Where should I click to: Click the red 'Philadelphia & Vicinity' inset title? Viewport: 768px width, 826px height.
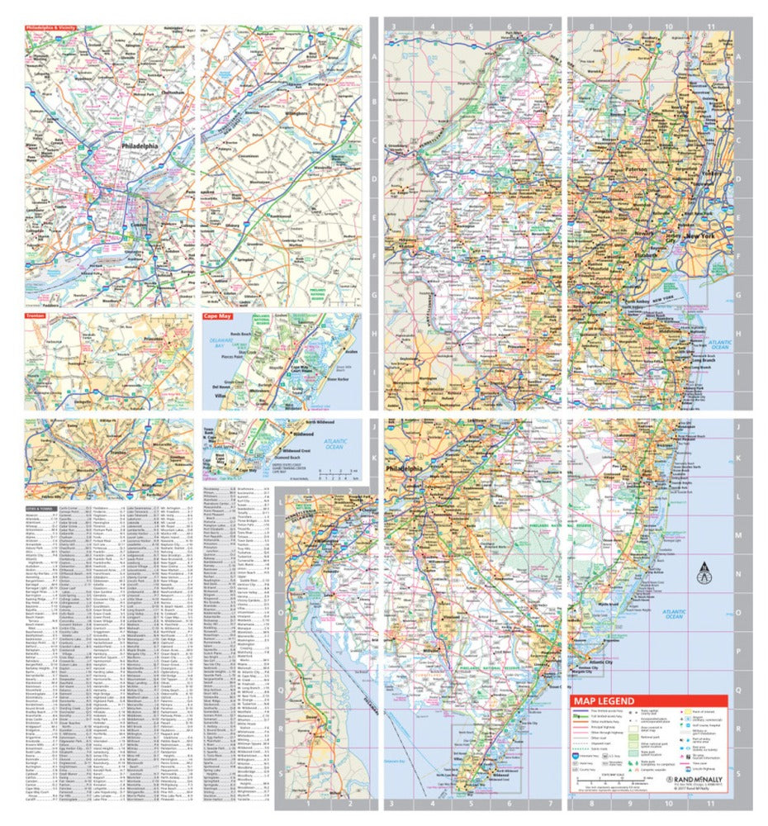pos(51,27)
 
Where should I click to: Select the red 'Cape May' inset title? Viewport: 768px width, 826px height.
pos(217,315)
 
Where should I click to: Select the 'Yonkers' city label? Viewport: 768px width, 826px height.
pos(715,173)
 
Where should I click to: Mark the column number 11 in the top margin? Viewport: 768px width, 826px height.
pos(710,26)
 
